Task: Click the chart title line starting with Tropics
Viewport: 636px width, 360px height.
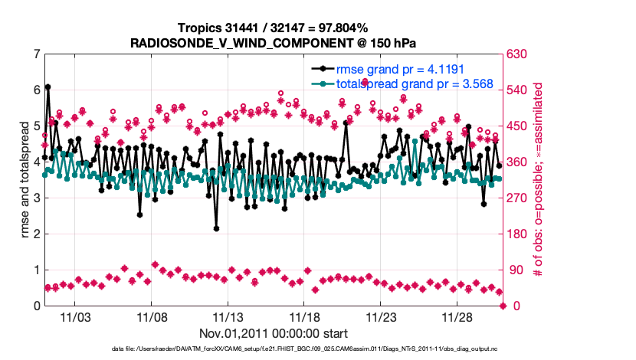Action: point(273,28)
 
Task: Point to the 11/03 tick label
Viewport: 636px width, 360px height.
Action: point(75,317)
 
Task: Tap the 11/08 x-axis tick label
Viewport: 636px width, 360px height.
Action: point(152,317)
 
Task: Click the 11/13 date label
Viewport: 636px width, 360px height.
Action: point(228,317)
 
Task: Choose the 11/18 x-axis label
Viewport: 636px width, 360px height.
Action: point(305,317)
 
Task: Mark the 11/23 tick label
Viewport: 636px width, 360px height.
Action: point(381,317)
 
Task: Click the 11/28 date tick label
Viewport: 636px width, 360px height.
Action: point(457,317)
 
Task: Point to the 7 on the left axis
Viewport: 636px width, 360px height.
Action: point(36,54)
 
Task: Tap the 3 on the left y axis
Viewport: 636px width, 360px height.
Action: point(36,198)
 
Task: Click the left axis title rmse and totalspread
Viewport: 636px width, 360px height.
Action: point(24,180)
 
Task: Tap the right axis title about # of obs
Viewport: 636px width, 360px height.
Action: point(538,180)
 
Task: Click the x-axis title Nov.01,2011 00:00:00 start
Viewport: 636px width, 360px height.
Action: point(274,333)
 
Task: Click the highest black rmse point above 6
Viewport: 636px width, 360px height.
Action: point(48,87)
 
